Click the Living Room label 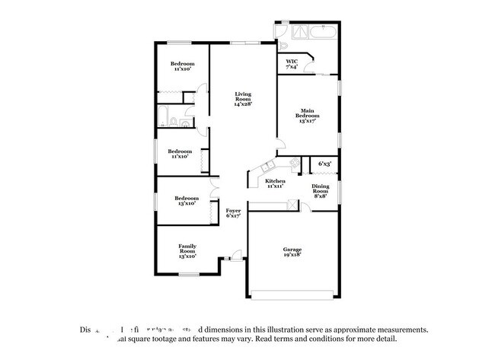[x=242, y=98]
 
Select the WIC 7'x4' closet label [x=292, y=64]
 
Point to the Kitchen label [x=275, y=183]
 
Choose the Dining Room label [x=321, y=190]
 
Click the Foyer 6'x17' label [x=233, y=213]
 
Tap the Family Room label [x=187, y=249]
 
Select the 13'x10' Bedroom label [x=187, y=201]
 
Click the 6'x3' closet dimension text [x=324, y=164]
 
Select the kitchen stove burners [x=295, y=163]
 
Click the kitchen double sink [x=267, y=168]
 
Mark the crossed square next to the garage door [x=292, y=204]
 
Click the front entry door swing [x=238, y=253]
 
